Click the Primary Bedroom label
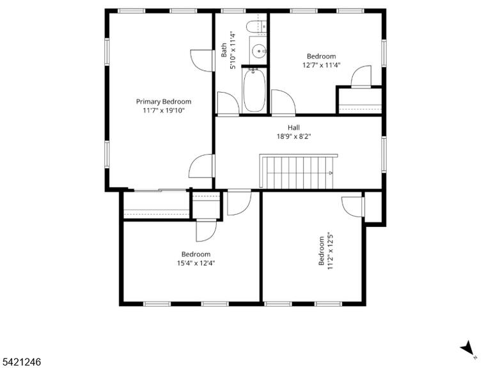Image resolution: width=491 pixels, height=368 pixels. [x=164, y=102]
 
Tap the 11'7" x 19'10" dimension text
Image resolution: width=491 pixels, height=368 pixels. [x=164, y=111]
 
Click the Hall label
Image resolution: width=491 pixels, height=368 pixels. [x=293, y=127]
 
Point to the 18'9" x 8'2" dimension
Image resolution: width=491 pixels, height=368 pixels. [x=293, y=137]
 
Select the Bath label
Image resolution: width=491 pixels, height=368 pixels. [x=224, y=50]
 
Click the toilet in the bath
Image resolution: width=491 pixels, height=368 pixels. [x=256, y=27]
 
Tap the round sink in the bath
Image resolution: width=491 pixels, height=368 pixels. [x=259, y=50]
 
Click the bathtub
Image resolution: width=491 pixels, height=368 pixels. [x=254, y=91]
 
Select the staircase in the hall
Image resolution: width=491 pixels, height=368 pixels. [x=299, y=171]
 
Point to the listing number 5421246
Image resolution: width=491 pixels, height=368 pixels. [x=20, y=362]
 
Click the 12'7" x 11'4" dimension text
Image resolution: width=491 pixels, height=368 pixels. [x=322, y=65]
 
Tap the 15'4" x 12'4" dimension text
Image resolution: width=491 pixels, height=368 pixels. [x=196, y=263]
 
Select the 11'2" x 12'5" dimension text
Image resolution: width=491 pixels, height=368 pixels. [x=331, y=251]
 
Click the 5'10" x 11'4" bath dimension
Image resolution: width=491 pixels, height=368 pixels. [x=233, y=50]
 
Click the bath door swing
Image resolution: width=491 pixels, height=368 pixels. [x=228, y=103]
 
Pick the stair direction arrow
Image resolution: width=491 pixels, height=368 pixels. [x=331, y=172]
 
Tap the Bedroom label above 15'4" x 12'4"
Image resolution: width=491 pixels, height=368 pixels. [x=196, y=254]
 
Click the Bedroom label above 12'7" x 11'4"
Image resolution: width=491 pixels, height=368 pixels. [x=322, y=56]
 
